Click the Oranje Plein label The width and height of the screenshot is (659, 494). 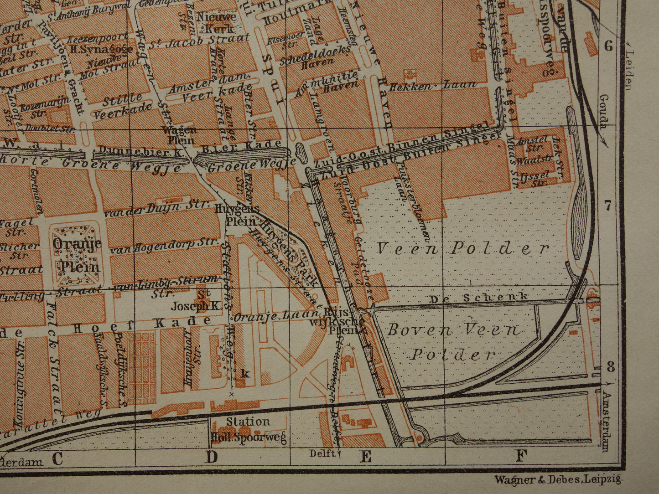tap(76, 255)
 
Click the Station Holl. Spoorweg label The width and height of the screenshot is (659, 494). tap(249, 430)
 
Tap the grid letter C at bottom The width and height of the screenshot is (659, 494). tap(57, 458)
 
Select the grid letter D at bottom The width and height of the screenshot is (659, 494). tap(211, 457)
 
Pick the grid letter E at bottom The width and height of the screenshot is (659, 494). tap(366, 457)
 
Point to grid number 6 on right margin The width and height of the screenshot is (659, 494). tap(607, 46)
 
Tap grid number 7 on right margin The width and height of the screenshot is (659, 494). tap(607, 206)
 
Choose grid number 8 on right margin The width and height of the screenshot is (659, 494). tap(610, 366)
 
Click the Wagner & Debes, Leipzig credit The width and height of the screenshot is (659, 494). tap(558, 479)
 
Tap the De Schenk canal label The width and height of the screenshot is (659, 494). tap(479, 298)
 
